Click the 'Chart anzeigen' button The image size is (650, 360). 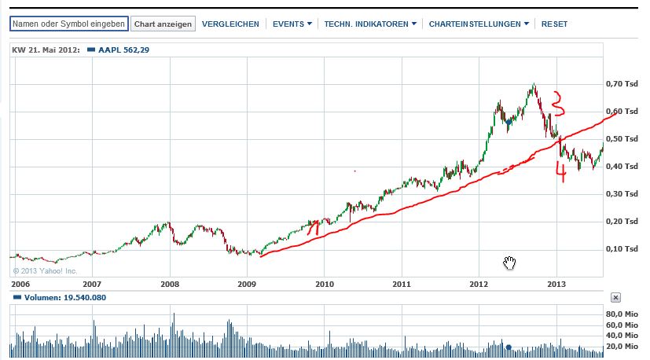click(x=163, y=24)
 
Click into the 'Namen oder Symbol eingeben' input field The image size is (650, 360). click(x=68, y=24)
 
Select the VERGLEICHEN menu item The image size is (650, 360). click(x=230, y=24)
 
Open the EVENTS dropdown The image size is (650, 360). click(x=292, y=24)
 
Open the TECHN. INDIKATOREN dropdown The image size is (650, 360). click(x=370, y=24)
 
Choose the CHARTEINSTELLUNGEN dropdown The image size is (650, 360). click(x=479, y=24)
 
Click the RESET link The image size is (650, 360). click(x=554, y=24)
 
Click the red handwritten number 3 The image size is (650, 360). click(x=556, y=103)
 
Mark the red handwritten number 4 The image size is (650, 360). click(x=560, y=172)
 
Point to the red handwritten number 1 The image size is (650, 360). click(x=312, y=228)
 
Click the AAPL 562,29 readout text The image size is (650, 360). click(x=123, y=50)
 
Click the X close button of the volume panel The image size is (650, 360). click(x=615, y=298)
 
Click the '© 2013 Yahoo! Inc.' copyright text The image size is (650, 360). click(x=45, y=271)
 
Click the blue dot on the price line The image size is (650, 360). click(x=509, y=123)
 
